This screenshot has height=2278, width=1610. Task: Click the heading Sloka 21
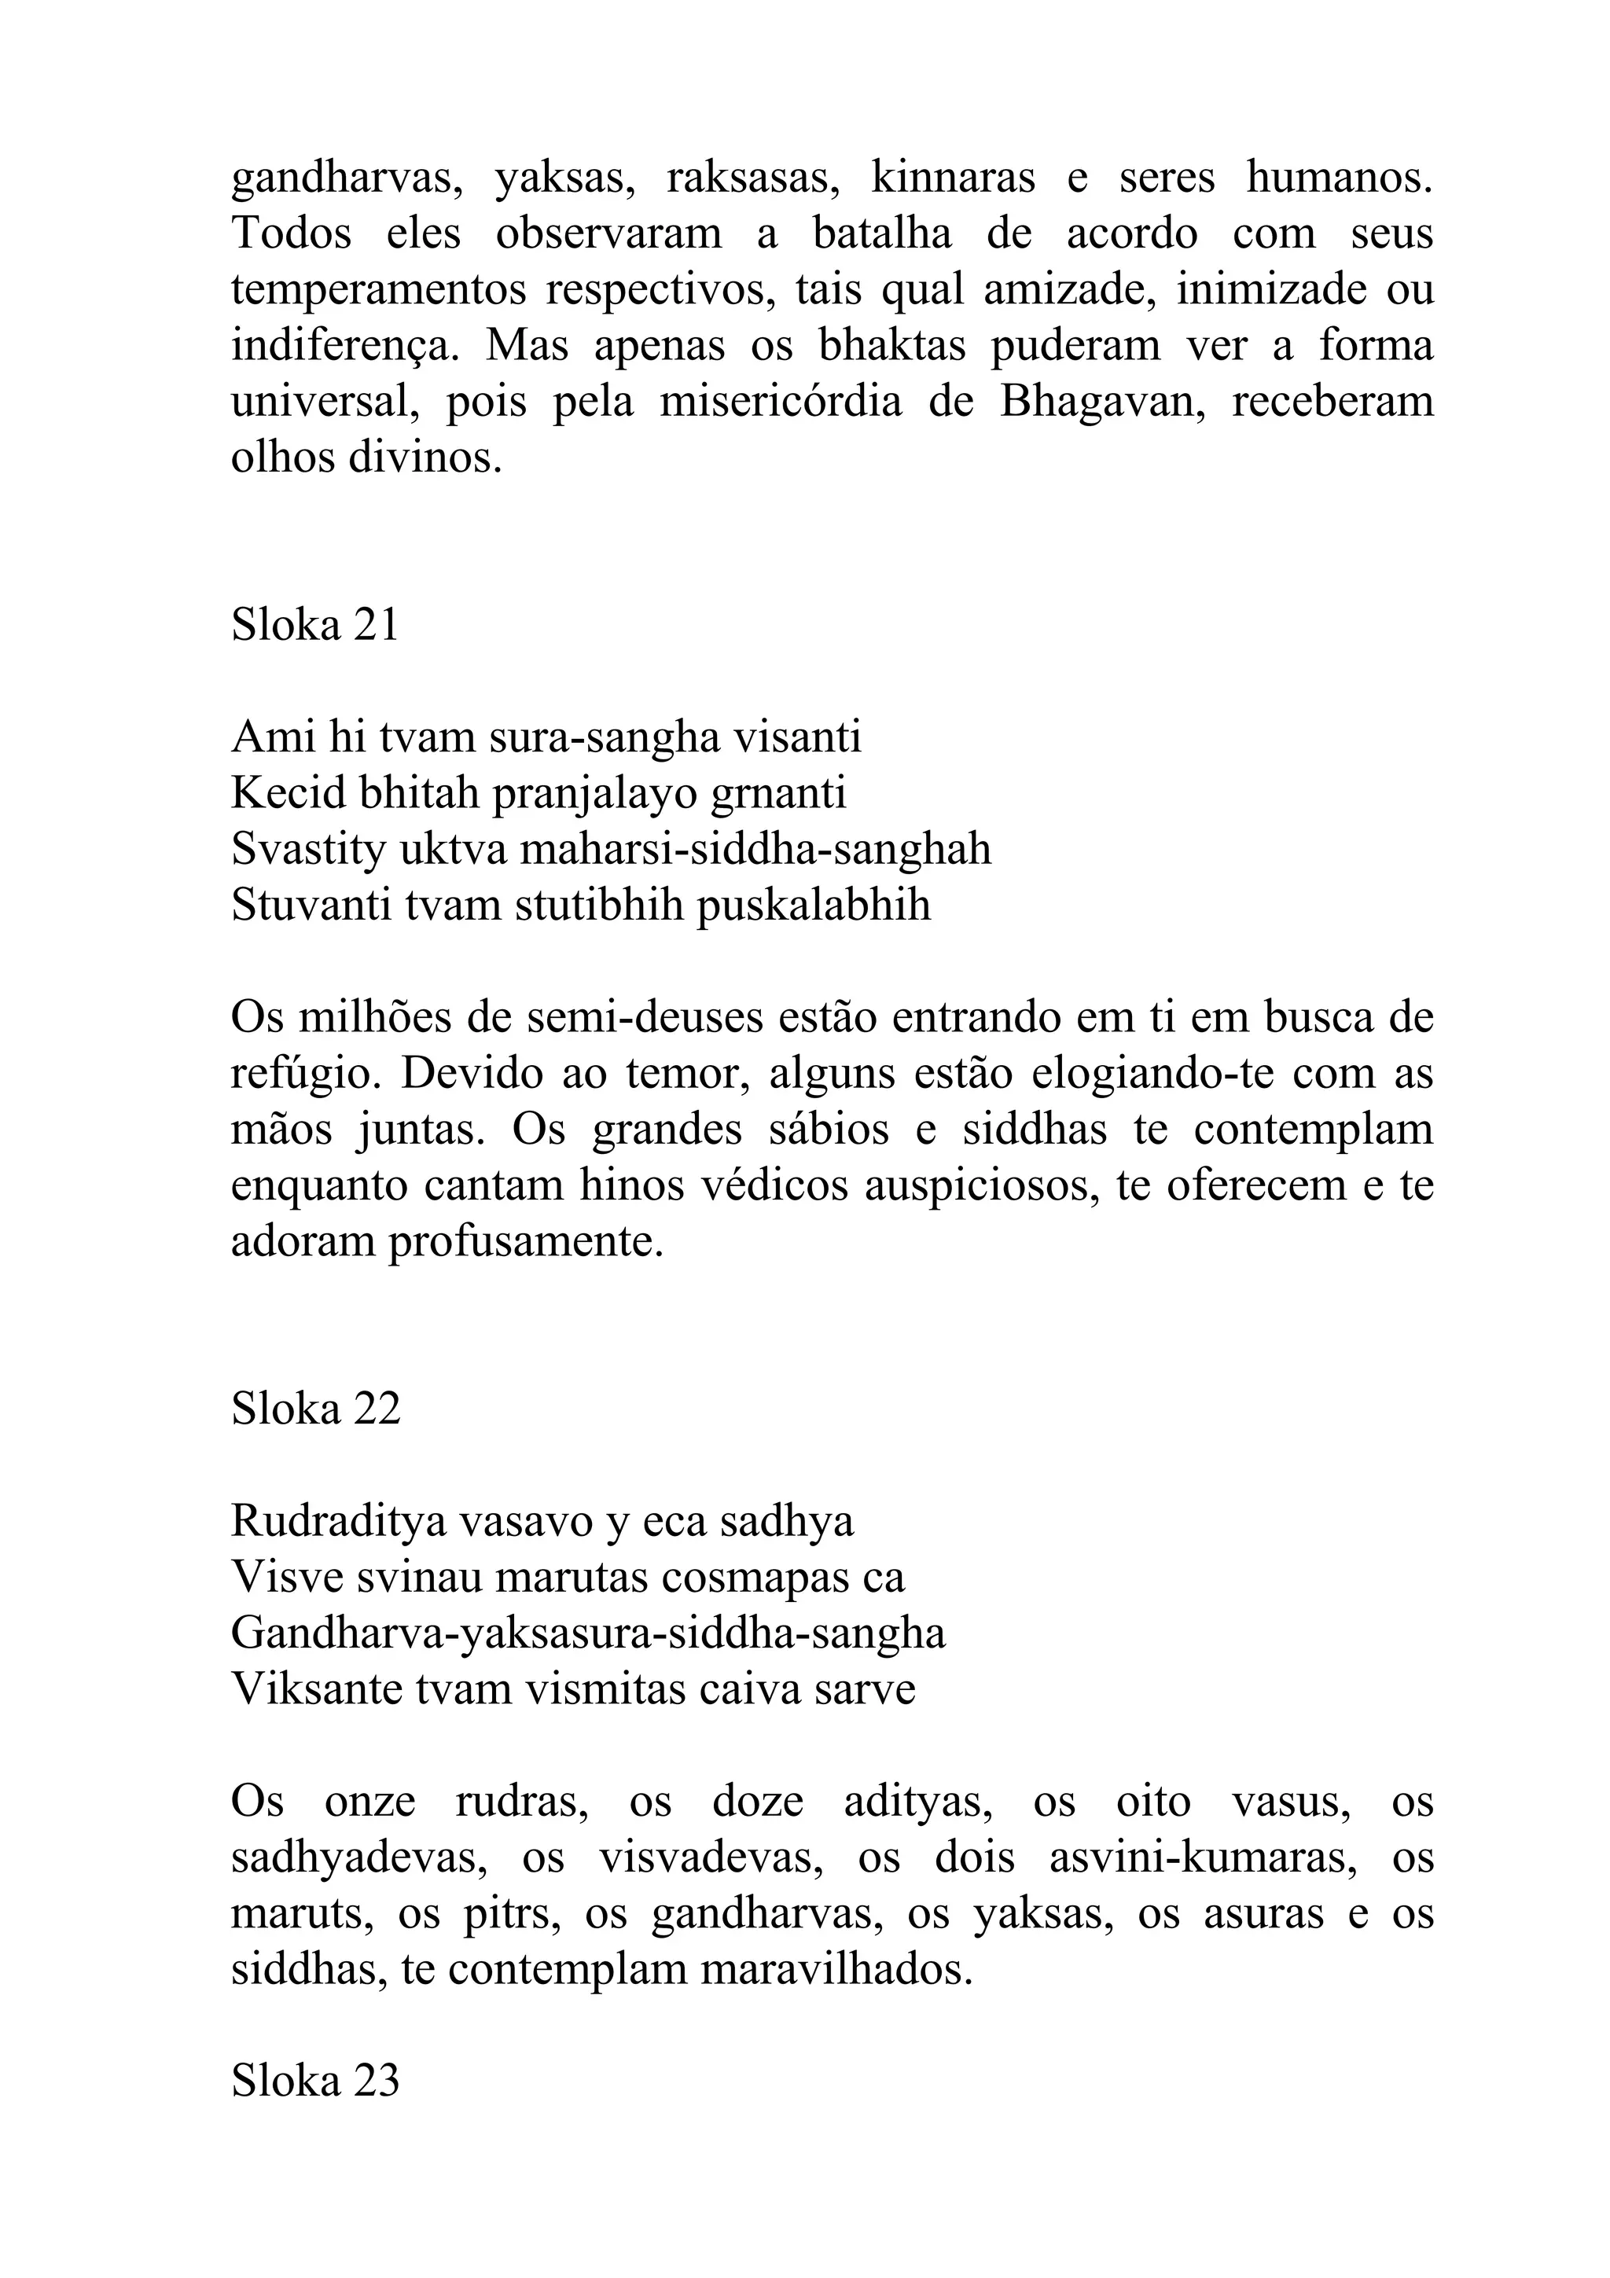pos(314,625)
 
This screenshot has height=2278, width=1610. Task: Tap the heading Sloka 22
pos(315,1409)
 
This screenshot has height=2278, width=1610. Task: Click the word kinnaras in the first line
pos(952,178)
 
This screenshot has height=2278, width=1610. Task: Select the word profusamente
pos(525,1242)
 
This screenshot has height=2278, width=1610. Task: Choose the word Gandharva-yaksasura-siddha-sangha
pos(588,1634)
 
